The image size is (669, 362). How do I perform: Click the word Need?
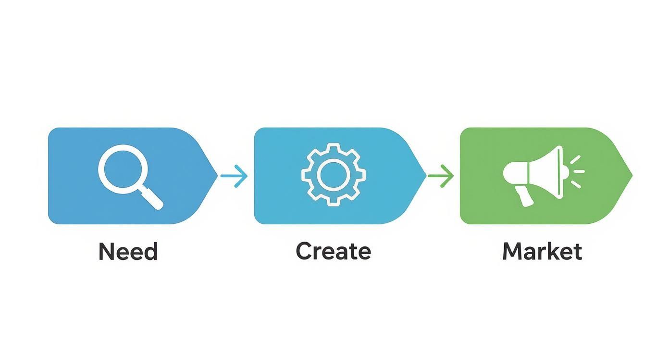[x=128, y=252]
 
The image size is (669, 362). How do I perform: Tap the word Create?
[x=333, y=251]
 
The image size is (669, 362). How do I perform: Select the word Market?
[x=542, y=251]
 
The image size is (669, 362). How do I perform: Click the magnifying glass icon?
[x=129, y=176]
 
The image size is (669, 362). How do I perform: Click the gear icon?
[x=334, y=175]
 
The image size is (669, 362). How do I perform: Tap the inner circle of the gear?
[x=334, y=175]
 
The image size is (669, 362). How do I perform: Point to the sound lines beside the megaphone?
[x=577, y=171]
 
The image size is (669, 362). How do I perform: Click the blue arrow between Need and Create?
[x=234, y=176]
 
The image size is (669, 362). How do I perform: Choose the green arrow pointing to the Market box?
[x=441, y=176]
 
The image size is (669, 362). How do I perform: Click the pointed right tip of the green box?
[x=630, y=176]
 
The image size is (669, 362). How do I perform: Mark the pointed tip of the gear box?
[x=424, y=176]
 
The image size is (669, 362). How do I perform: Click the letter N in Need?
[x=107, y=252]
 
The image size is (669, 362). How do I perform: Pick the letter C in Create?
[x=304, y=251]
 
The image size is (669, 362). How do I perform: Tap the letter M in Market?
[x=513, y=251]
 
